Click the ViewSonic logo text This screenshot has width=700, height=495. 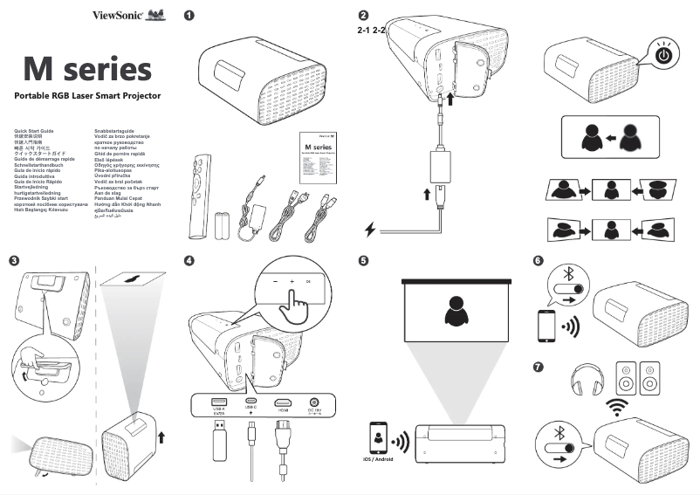click(118, 15)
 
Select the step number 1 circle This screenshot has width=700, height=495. click(190, 16)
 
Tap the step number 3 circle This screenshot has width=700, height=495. click(14, 261)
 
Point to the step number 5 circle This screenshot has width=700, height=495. click(363, 261)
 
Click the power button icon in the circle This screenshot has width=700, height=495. click(665, 55)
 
